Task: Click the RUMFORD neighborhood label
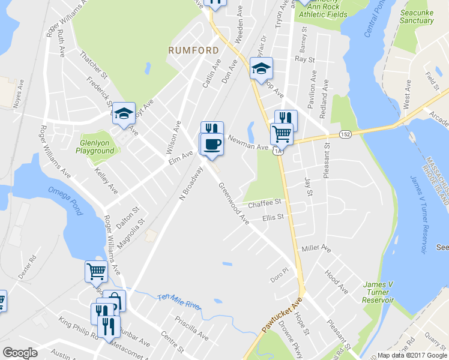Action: (x=193, y=50)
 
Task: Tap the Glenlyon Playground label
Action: (x=97, y=147)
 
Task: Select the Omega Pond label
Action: (x=66, y=192)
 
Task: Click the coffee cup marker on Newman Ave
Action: (x=211, y=145)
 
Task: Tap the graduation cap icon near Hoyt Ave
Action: (x=124, y=112)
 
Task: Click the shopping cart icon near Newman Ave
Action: (x=282, y=133)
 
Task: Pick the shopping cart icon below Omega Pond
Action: (x=97, y=271)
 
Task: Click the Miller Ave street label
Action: (x=316, y=248)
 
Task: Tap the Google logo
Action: (x=20, y=352)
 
